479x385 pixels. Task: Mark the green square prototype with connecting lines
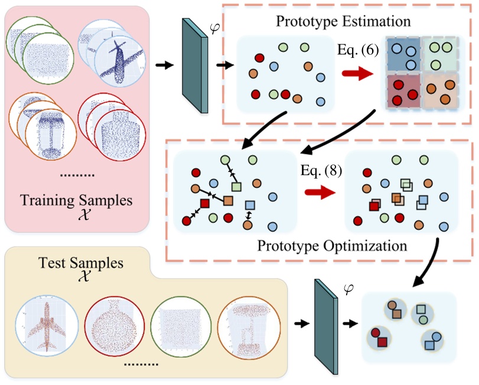(236, 187)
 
